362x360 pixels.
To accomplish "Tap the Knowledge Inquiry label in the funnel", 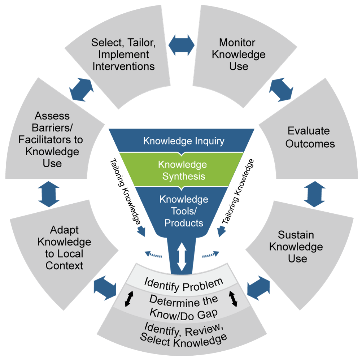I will pos(184,141).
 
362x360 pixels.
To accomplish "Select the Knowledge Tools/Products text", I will pos(184,211).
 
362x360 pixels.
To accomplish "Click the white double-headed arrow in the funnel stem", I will pos(182,257).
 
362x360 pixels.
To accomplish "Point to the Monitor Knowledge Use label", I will pos(239,55).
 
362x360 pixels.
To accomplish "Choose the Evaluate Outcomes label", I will pos(310,137).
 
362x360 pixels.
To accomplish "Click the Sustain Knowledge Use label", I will pos(296,247).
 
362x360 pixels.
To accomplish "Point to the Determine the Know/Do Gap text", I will pos(184,307).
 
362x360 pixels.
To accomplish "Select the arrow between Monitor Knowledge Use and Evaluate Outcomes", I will pos(280,89).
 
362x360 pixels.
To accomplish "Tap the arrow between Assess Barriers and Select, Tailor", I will pos(81,89).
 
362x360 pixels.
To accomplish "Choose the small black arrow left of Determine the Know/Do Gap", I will pos(127,299).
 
